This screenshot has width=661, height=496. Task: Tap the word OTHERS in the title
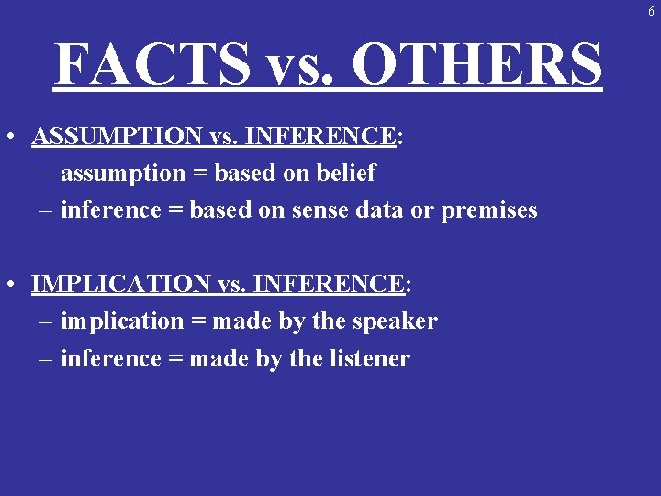click(x=477, y=64)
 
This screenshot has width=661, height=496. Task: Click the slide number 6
click(x=651, y=12)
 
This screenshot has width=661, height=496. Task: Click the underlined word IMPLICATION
click(x=120, y=284)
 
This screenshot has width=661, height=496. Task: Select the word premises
click(x=489, y=210)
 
